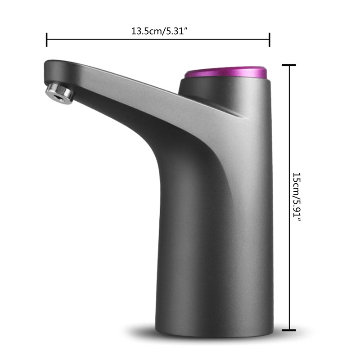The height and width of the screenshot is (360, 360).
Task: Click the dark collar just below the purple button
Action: pyautogui.click(x=225, y=88)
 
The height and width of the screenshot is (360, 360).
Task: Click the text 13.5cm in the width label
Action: pyautogui.click(x=144, y=31)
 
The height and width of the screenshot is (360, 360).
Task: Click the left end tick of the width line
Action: pyautogui.click(x=47, y=39)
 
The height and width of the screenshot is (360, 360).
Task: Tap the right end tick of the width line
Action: pyautogui.click(x=269, y=39)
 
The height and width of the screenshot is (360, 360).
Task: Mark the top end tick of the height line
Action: pyautogui.click(x=288, y=65)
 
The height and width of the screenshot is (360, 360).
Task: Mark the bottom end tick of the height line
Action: pyautogui.click(x=288, y=330)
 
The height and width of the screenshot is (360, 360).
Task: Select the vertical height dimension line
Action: pyautogui.click(x=288, y=135)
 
